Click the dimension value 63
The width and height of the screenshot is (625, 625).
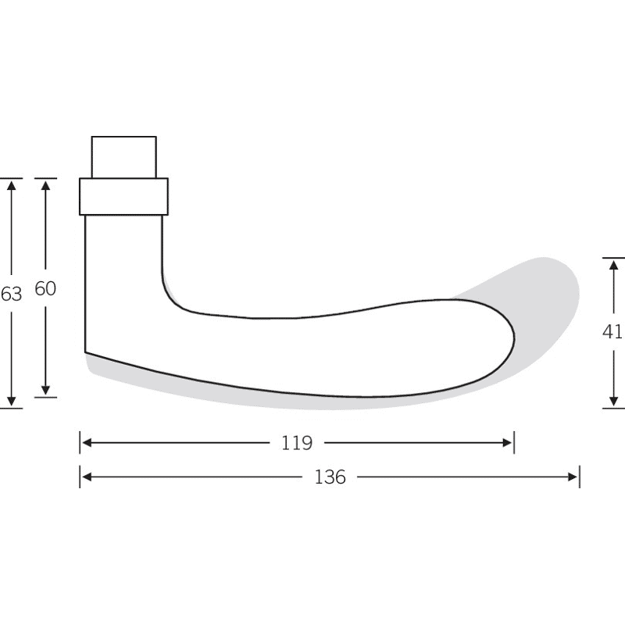tap(11, 295)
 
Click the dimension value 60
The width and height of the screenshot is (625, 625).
tap(45, 288)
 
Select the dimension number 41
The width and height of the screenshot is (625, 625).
tap(612, 331)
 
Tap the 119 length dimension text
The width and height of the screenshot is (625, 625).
tap(297, 443)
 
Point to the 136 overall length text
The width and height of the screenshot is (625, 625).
tap(330, 477)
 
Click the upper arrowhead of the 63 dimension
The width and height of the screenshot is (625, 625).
tap(12, 185)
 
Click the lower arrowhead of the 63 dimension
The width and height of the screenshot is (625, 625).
tap(12, 402)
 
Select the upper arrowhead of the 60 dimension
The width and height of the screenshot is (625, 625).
tap(46, 185)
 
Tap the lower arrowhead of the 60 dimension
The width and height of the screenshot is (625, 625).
tap(46, 390)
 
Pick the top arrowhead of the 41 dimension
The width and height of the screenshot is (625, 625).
tap(614, 265)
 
